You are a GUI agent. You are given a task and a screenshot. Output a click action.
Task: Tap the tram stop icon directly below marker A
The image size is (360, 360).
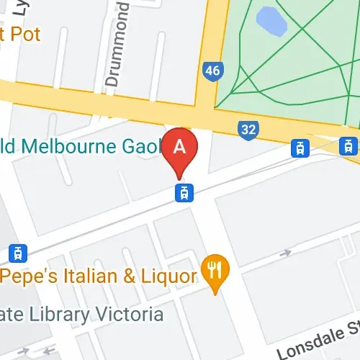pyautogui.click(x=184, y=192)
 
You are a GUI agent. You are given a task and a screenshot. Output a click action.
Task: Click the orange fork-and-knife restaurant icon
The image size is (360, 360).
pyautogui.click(x=215, y=270)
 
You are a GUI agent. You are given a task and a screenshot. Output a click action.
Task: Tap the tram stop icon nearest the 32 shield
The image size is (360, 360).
pyautogui.click(x=298, y=148)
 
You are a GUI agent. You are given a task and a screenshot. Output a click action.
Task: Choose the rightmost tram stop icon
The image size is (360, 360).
pyautogui.click(x=348, y=145)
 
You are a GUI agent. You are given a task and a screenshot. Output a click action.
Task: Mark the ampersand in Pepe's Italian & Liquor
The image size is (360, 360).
pyautogui.click(x=128, y=276)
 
